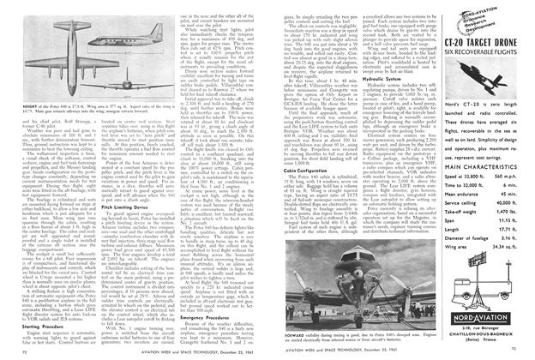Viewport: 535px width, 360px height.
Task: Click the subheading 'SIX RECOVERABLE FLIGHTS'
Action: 484,76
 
